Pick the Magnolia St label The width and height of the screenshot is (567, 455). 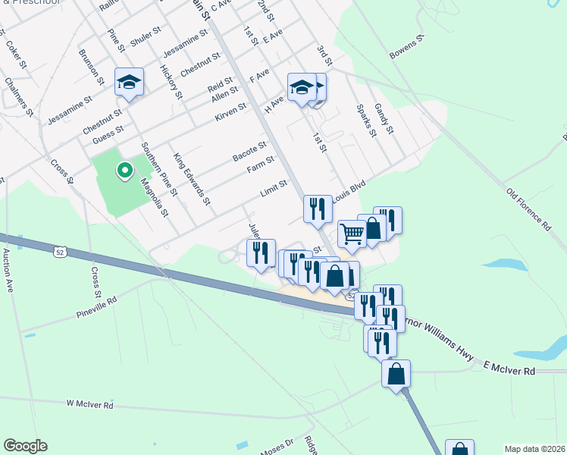[x=154, y=196]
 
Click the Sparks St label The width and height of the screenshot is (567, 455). [x=366, y=120]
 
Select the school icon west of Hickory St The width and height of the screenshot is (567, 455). [x=129, y=81]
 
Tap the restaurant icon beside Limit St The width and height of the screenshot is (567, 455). [x=317, y=209]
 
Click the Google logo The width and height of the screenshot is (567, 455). [x=25, y=446]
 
